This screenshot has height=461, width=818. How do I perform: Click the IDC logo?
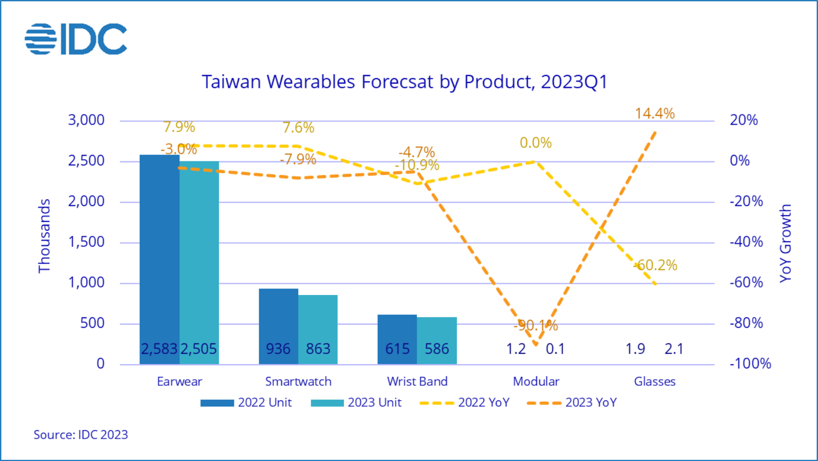tap(76, 39)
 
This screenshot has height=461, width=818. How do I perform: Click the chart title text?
tap(404, 82)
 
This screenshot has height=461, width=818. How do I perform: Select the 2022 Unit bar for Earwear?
tap(159, 256)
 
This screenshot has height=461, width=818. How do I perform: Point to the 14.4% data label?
tap(655, 113)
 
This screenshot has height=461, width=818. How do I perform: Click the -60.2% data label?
tap(656, 265)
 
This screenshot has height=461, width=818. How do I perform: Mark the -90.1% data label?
tap(536, 325)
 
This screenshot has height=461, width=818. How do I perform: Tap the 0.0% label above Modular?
tap(536, 143)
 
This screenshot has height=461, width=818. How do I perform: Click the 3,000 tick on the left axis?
tap(86, 120)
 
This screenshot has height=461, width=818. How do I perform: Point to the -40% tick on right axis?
tap(746, 242)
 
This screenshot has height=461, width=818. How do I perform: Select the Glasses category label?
tap(655, 381)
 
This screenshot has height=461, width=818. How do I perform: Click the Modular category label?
tap(536, 381)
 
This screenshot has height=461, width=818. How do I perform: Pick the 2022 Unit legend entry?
tap(246, 402)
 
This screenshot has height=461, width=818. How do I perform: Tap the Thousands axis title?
tap(44, 236)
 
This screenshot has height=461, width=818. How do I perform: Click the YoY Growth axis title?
tap(786, 243)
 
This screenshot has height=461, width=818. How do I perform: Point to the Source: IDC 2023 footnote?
tap(81, 434)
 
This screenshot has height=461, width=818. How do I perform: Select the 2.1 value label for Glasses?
tap(674, 349)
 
